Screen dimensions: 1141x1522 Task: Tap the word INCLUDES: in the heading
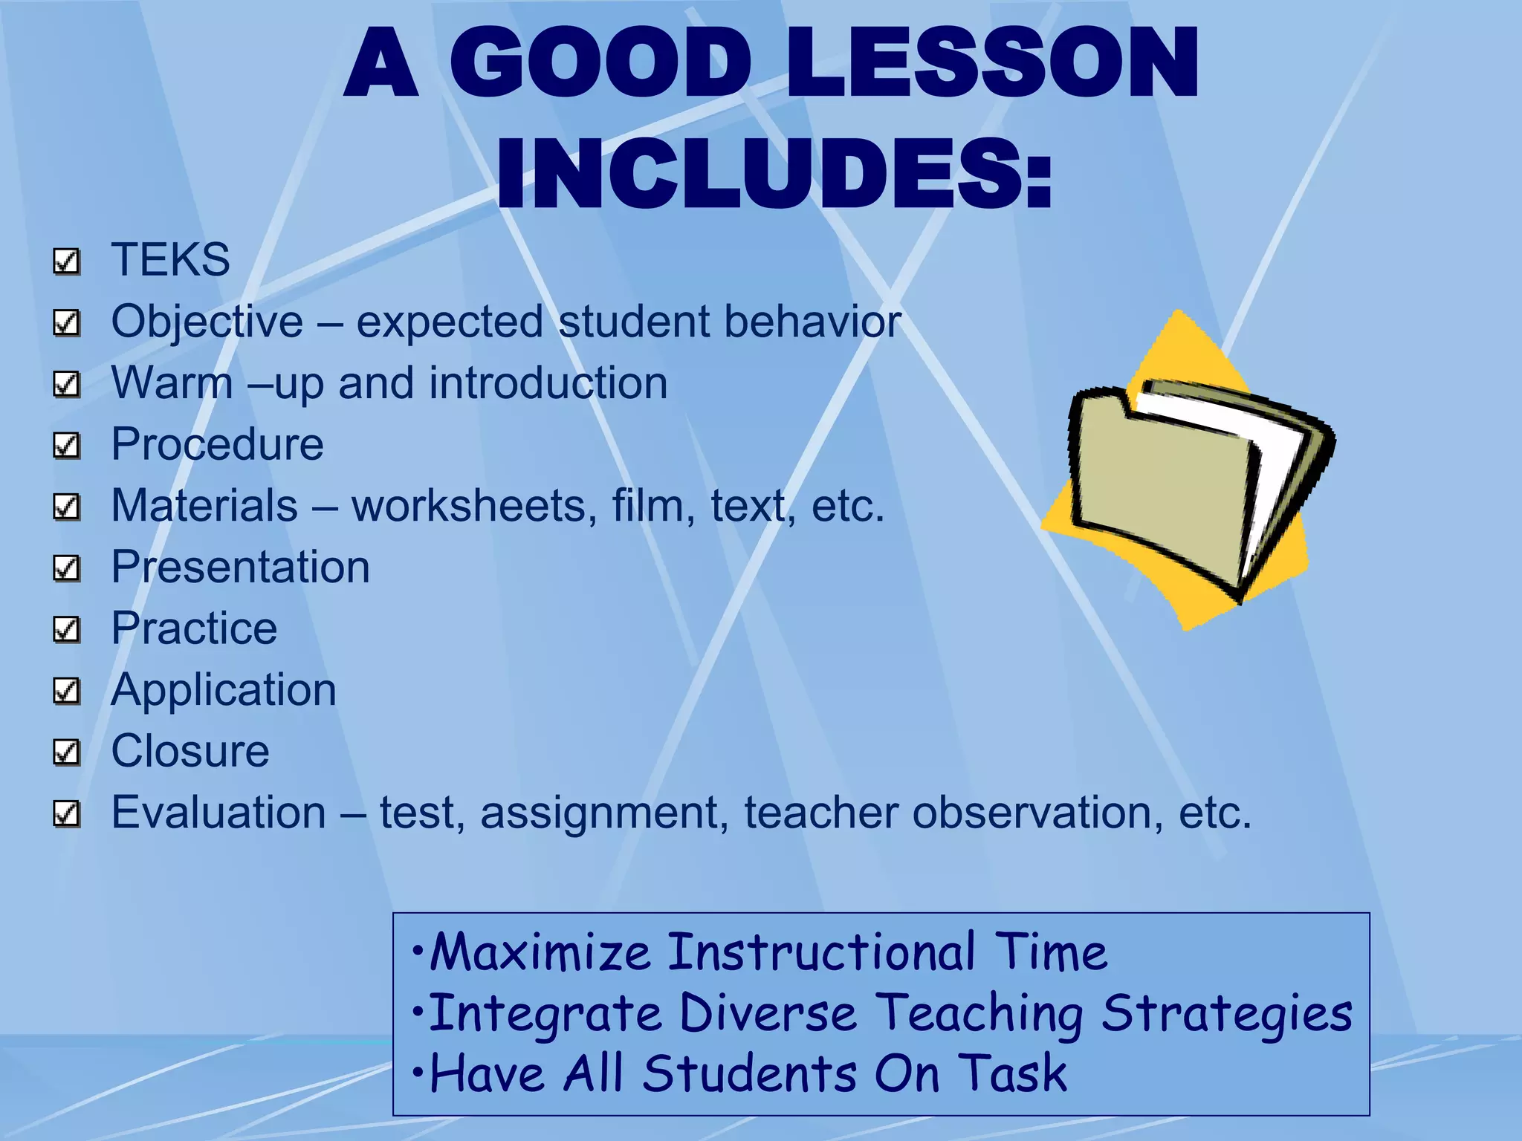(774, 174)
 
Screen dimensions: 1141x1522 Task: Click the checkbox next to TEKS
(67, 261)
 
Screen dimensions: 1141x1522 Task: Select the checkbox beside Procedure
(67, 445)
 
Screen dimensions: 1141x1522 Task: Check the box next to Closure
(67, 752)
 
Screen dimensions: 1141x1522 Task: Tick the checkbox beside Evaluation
(67, 813)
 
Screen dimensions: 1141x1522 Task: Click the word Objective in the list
(207, 322)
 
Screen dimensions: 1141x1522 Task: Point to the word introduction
(548, 383)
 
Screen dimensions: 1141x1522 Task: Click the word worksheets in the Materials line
(474, 506)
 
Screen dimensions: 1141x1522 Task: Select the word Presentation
(240, 568)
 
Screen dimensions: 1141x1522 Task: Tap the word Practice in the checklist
(194, 628)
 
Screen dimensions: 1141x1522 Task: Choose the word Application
(223, 691)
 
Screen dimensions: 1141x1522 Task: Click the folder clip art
(1188, 475)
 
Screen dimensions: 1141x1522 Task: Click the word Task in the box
(1012, 1074)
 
